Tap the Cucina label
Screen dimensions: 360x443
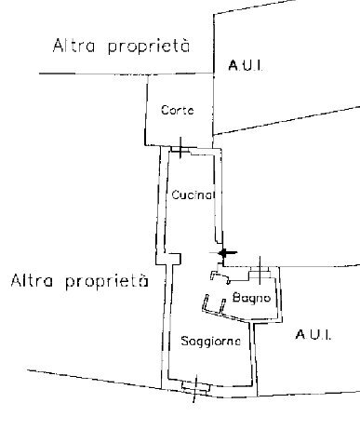pyautogui.click(x=193, y=195)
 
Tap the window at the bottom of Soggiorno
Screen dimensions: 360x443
pyautogui.click(x=195, y=389)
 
